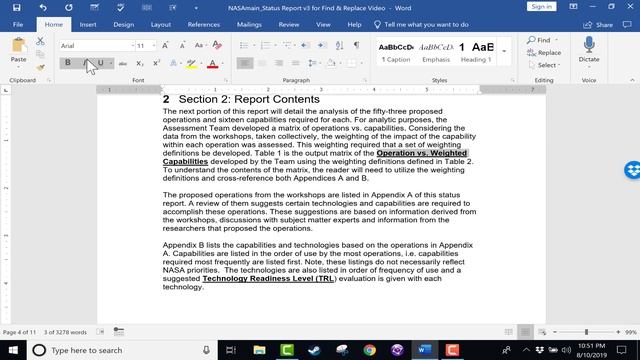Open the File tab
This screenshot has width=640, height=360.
(x=18, y=24)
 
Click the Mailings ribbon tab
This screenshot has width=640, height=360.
(x=249, y=24)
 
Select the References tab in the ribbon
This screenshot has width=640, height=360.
(x=204, y=24)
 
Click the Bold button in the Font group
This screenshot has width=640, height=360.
(x=68, y=63)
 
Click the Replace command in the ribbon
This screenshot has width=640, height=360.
(x=547, y=53)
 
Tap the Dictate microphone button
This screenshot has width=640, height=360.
(x=588, y=50)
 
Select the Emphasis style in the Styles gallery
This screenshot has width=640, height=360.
(x=435, y=50)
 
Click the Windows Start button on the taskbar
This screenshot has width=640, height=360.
(x=12, y=350)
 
